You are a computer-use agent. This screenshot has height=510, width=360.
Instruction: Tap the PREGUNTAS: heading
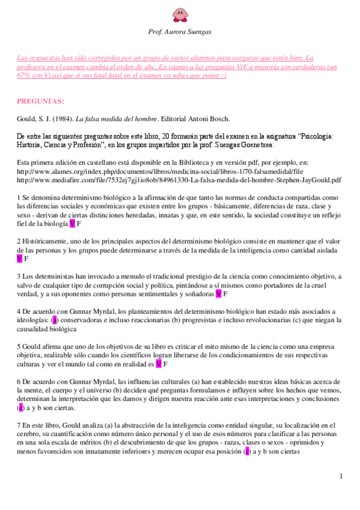coord(41,100)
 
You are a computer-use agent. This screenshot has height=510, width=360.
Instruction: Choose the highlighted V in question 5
coord(158,364)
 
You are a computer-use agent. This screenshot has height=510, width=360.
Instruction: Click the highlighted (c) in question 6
coord(20,408)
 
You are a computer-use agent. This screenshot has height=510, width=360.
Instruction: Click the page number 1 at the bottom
coord(341,477)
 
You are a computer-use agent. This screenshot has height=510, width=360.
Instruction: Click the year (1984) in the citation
coord(64,118)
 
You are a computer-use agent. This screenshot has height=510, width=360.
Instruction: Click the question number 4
coord(19,312)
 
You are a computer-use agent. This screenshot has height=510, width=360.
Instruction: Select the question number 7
coord(19,425)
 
